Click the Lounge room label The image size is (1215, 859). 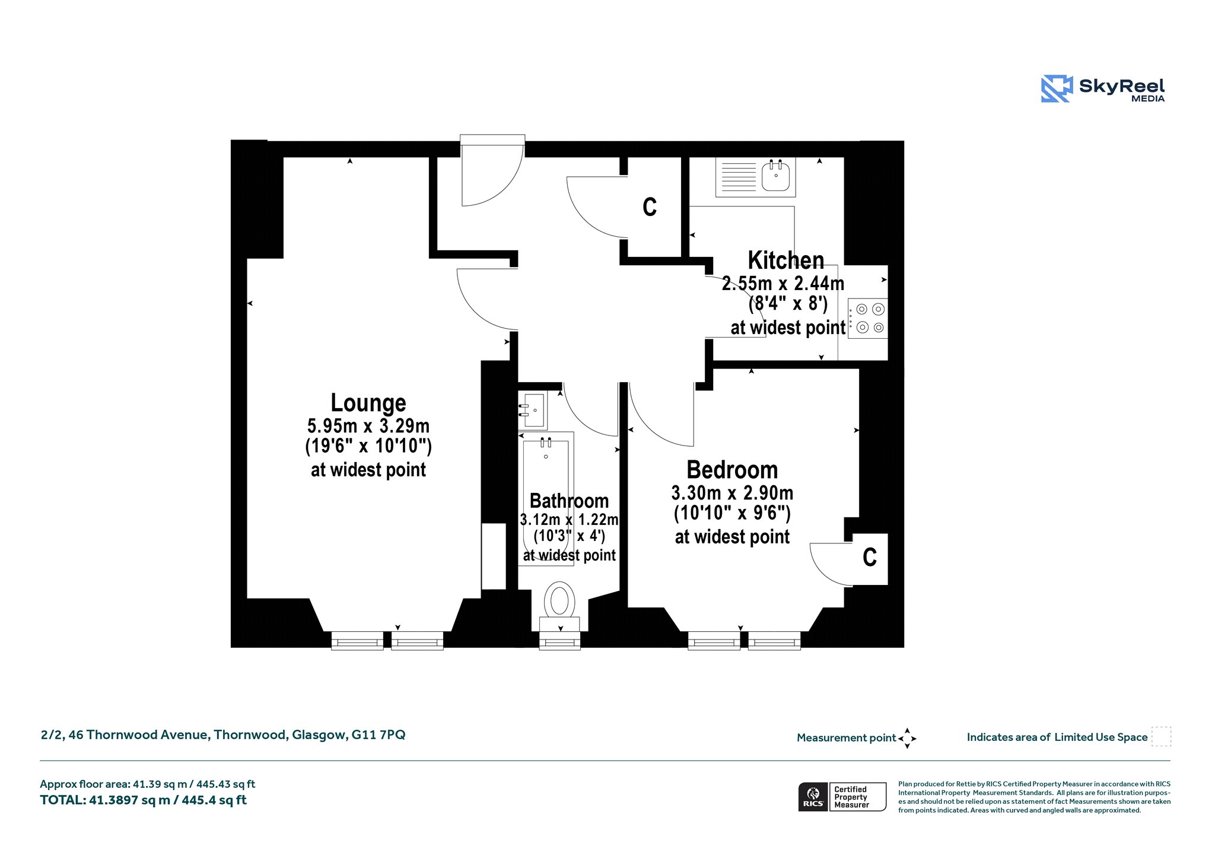368,403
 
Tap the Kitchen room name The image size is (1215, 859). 786,260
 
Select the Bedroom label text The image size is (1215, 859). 732,470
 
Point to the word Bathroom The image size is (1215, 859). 569,501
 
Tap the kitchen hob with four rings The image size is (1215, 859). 868,318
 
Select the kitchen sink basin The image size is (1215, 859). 775,176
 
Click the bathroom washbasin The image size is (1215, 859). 533,410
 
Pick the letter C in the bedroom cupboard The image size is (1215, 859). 870,557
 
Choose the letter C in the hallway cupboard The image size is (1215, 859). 650,207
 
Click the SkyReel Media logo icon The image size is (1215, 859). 1057,89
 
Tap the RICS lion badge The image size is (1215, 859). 813,797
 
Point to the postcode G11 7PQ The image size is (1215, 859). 379,734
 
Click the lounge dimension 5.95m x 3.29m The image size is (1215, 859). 368,426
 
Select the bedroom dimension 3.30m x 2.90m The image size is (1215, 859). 732,493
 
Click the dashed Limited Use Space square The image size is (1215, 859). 1161,736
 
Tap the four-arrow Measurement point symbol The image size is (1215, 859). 907,739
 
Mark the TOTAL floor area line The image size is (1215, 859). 143,800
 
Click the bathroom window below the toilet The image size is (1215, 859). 559,641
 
